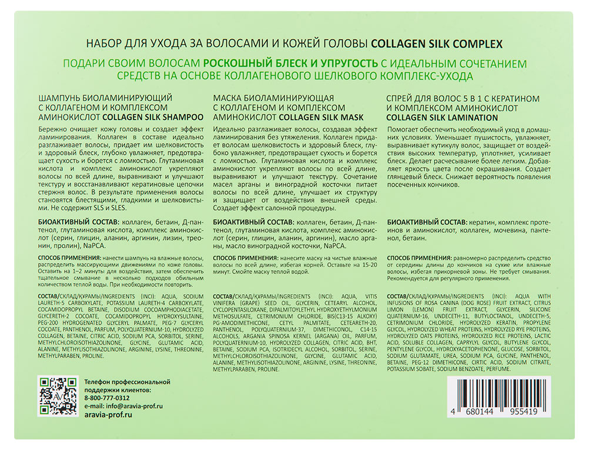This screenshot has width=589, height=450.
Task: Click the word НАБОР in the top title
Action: point(105,44)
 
